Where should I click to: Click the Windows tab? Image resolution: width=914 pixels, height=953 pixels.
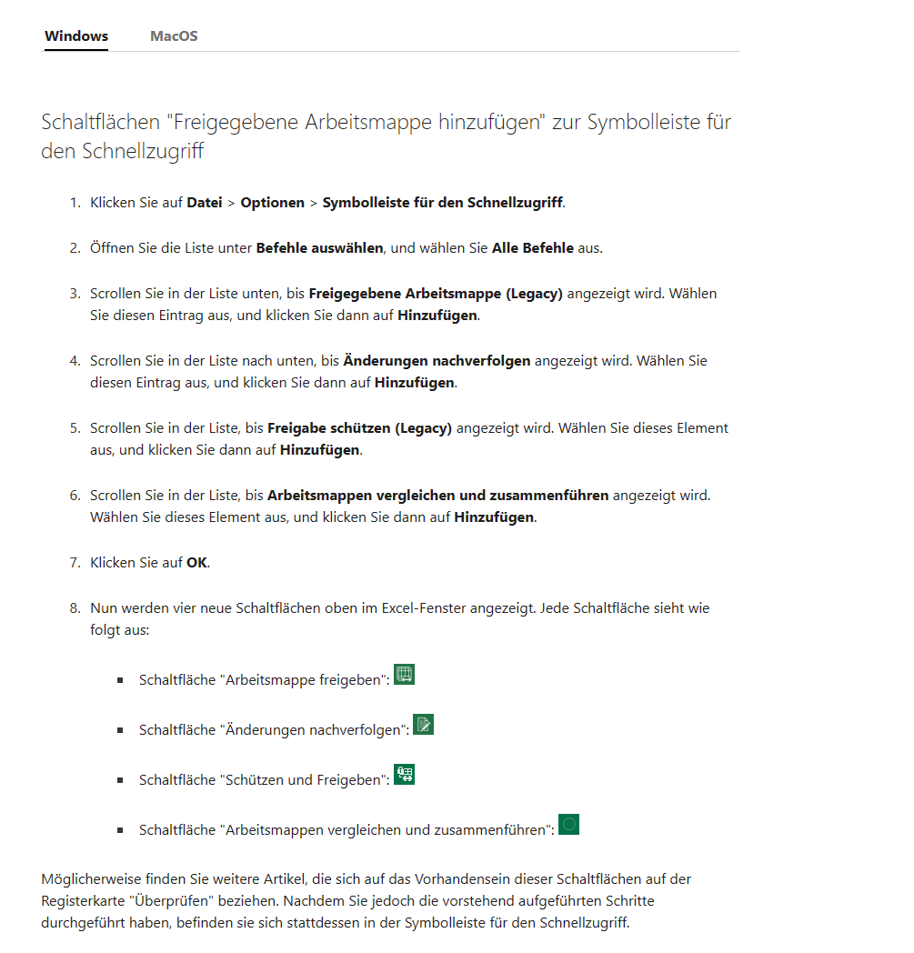[x=76, y=36]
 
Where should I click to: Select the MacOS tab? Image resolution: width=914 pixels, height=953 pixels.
[x=174, y=36]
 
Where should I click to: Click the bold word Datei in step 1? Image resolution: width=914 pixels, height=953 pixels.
[x=205, y=202]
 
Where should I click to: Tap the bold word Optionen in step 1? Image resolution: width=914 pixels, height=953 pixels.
[x=273, y=202]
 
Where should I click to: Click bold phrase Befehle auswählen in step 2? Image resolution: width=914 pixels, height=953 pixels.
[x=321, y=247]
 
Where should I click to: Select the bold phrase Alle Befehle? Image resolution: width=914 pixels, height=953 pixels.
[x=533, y=247]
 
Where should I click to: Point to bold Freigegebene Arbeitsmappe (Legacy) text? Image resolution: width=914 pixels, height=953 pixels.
[x=436, y=293]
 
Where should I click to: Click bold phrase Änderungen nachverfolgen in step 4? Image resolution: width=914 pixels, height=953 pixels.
[x=437, y=360]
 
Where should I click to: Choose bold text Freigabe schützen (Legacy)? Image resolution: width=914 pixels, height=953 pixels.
[x=359, y=427]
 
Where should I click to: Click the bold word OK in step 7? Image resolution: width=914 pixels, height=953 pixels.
[x=196, y=562]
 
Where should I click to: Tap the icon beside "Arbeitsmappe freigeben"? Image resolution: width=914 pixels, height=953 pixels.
[x=405, y=675]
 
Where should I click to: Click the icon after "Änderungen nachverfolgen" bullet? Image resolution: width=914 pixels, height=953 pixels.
[x=423, y=725]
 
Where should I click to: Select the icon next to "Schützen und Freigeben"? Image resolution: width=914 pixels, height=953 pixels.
[x=404, y=775]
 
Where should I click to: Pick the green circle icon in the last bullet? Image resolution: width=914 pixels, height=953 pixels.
[x=568, y=825]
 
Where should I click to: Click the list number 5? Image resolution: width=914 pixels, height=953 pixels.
[x=75, y=427]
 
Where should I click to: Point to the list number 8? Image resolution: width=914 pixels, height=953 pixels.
[x=75, y=607]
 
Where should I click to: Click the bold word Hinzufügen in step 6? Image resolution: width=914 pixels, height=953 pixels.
[x=495, y=517]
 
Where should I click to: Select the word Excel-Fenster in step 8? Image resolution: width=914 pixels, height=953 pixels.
[x=421, y=607]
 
